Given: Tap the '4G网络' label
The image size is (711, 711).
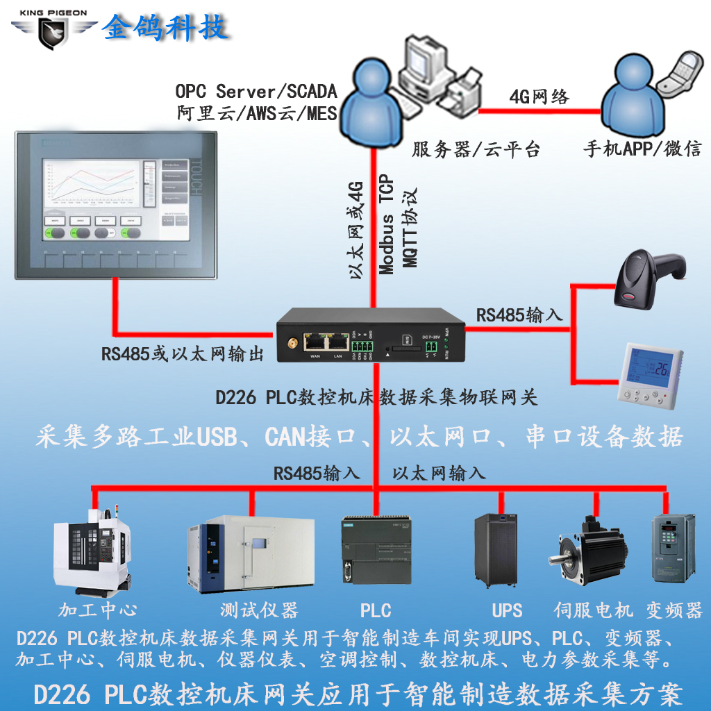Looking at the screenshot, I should point(539,97).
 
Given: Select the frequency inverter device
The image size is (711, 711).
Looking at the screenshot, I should point(673,548).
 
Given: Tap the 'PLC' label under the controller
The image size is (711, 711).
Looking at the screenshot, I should point(376,611).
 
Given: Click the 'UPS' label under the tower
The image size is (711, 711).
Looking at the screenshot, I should point(507,611).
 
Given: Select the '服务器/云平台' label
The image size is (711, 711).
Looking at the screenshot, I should point(476,149).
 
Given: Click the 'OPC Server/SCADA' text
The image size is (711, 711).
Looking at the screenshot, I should point(256,91).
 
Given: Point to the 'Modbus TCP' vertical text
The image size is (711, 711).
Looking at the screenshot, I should point(386,226).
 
